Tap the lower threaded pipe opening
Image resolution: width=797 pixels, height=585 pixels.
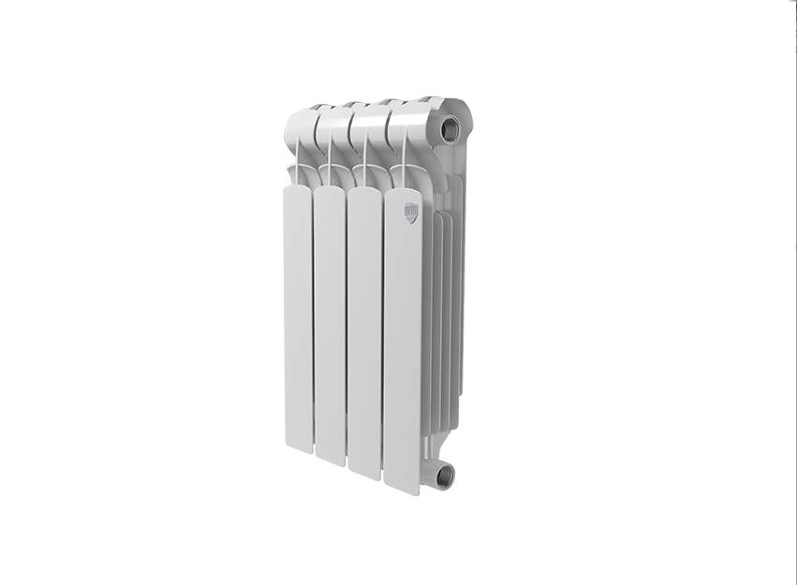tap(444, 475)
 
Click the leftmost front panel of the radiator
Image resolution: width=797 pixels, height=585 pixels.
tap(298, 318)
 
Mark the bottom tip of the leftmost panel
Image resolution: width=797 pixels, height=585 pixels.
tap(299, 447)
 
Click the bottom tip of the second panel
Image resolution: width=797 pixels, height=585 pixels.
tap(330, 460)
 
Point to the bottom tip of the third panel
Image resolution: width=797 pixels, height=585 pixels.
tap(364, 474)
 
